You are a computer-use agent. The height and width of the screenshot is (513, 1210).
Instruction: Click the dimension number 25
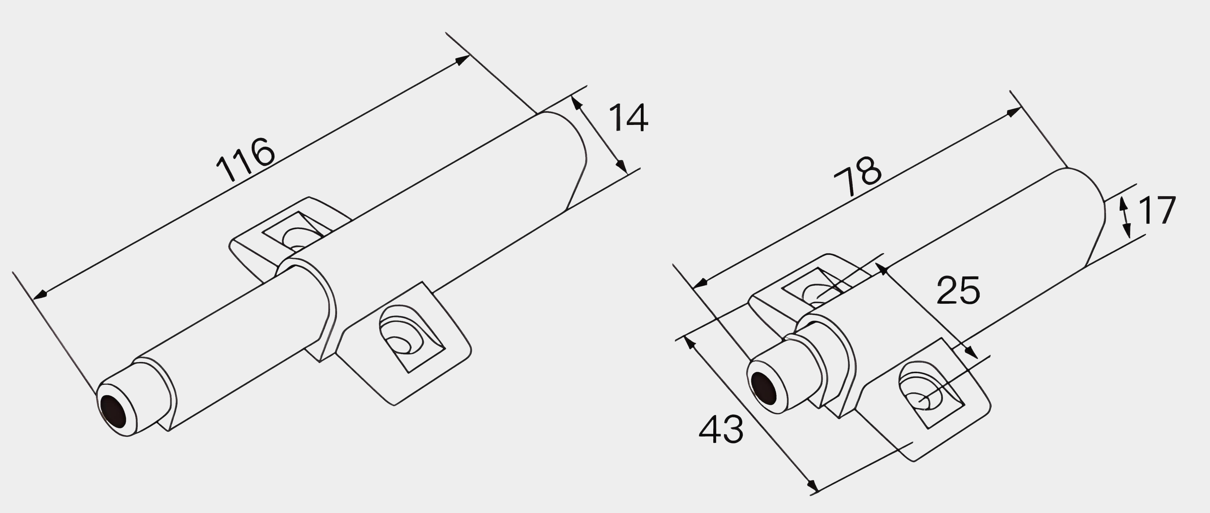(958, 290)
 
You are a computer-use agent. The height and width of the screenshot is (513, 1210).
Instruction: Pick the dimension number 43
(721, 429)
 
